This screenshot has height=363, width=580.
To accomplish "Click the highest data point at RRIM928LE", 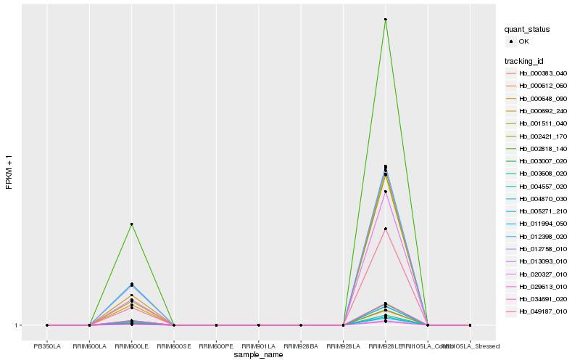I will (x=386, y=20).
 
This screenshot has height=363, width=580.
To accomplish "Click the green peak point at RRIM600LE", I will (x=131, y=224).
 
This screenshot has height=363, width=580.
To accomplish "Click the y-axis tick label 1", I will (x=17, y=325).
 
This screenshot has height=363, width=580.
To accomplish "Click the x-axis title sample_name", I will (x=258, y=355).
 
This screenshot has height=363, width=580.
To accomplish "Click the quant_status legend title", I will (x=527, y=30).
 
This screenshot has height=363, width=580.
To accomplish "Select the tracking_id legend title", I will (x=524, y=61).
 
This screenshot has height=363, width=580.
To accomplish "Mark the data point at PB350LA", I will (x=47, y=325).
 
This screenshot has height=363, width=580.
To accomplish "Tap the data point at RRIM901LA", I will (x=259, y=325).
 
